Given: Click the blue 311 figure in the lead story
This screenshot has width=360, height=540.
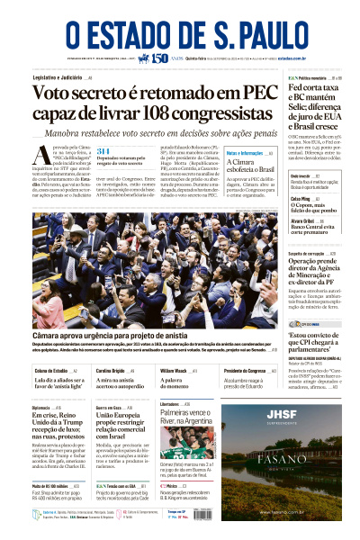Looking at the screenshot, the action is pos(103,150).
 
